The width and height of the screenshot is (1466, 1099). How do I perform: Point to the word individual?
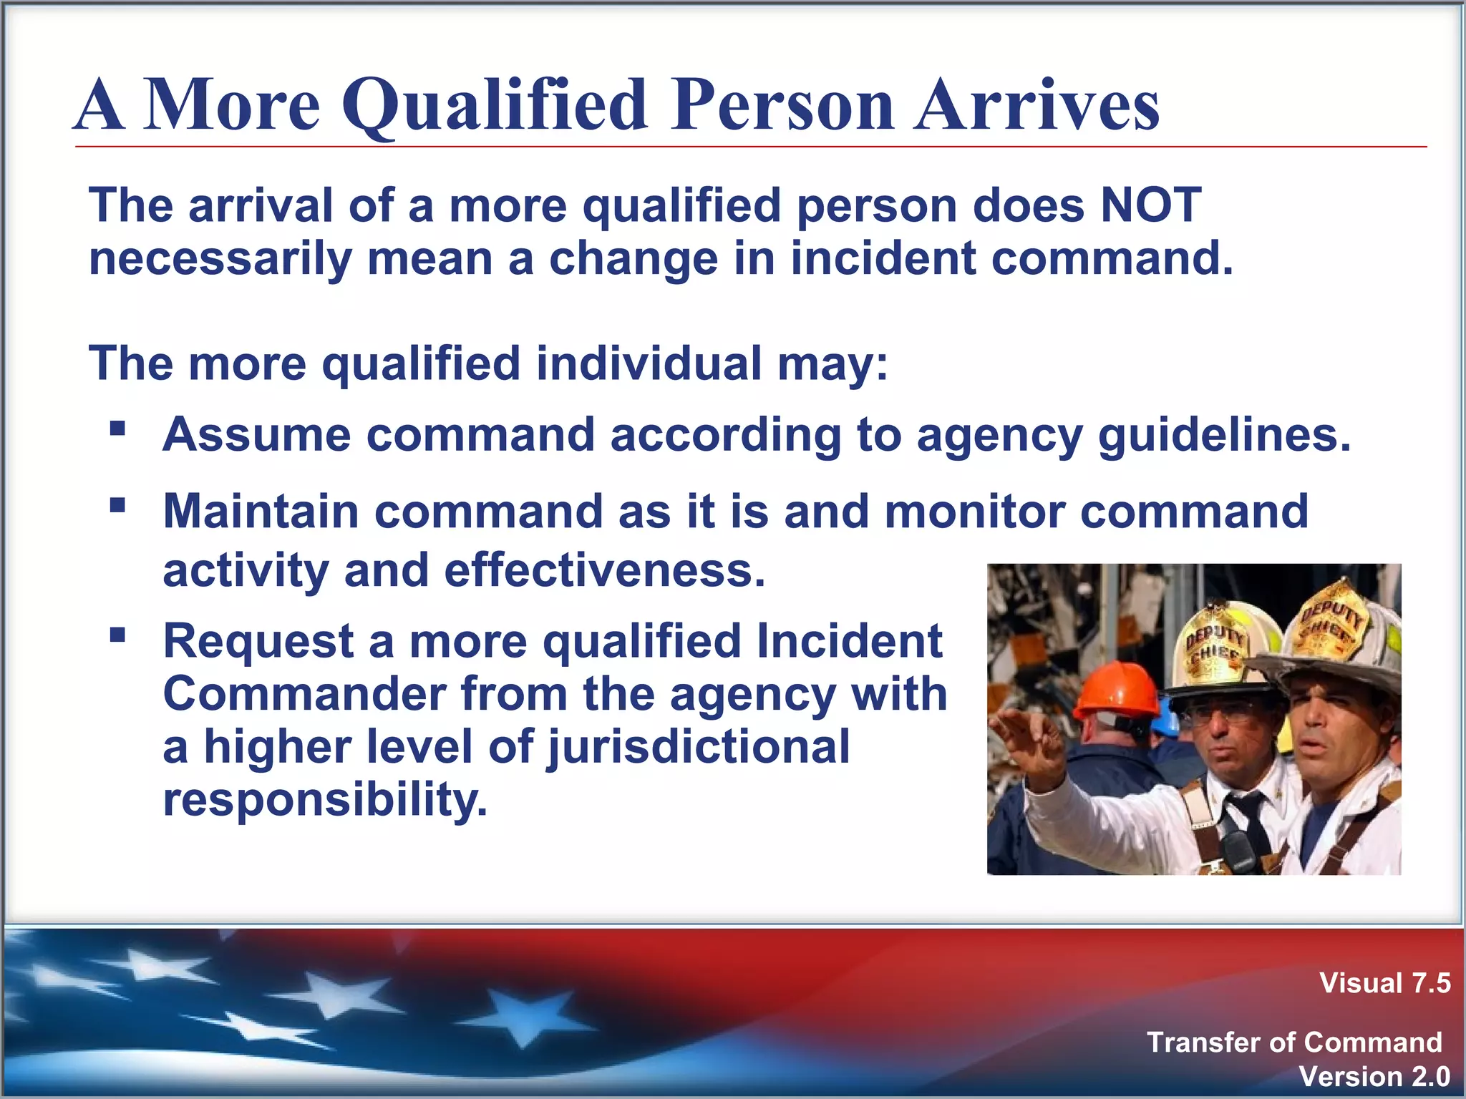point(649,363)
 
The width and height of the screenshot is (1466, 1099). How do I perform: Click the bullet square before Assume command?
point(118,429)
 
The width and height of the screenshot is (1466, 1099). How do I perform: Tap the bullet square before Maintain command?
point(118,506)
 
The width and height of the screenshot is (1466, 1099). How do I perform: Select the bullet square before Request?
point(118,635)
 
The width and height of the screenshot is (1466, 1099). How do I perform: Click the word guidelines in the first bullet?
point(1224,435)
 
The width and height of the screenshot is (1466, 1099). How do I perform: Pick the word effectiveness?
point(604,571)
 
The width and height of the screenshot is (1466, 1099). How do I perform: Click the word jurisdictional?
point(698,747)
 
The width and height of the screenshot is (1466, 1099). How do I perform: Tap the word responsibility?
point(325,799)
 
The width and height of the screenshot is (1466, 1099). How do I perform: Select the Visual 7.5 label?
point(1384,983)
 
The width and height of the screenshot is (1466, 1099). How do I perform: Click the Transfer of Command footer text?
point(1293,1042)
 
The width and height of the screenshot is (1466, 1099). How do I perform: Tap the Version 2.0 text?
point(1374,1076)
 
